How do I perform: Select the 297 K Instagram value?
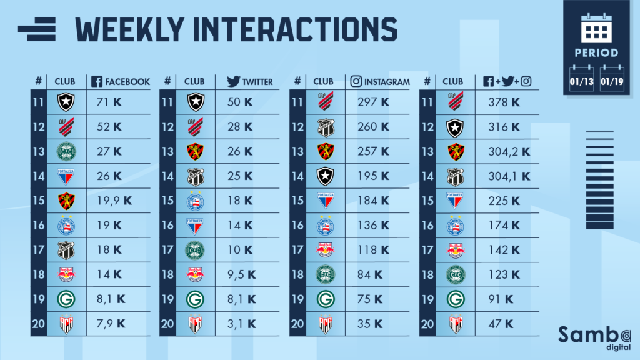tap(371, 101)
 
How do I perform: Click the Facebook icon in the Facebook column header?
tap(97, 81)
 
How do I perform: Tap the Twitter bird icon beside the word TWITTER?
tap(234, 81)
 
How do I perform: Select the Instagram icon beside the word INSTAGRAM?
tap(357, 81)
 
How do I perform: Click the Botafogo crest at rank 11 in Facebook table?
tap(66, 101)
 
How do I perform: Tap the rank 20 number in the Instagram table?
tap(298, 324)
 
